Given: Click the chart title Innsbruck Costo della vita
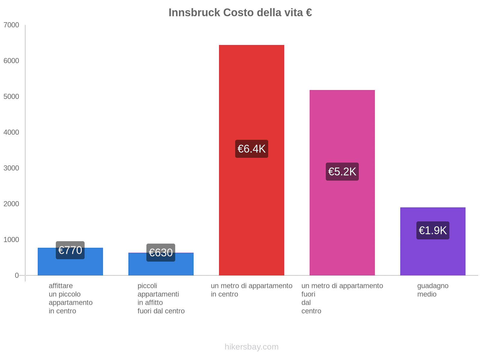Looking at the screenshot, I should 240,13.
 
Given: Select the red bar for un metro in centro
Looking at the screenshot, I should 251,210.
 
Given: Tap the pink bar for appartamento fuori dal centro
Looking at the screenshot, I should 342,225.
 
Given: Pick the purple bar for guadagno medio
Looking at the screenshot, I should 433,255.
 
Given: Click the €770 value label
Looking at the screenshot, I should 70,250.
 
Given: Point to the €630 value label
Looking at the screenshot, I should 161,253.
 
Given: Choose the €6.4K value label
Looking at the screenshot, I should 251,149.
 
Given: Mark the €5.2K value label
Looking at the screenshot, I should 342,172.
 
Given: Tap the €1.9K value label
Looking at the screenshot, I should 433,230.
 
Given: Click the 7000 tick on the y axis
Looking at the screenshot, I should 11,25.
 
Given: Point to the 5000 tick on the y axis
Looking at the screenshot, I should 11,97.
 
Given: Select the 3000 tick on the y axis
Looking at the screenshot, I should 11,168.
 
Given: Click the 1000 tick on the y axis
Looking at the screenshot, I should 11,239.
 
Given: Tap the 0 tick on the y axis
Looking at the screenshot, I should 17,275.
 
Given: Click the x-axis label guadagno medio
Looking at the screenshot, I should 433,290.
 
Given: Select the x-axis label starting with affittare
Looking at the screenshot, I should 70,298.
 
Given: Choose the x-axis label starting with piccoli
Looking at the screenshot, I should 161,298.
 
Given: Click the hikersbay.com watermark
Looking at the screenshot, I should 251,347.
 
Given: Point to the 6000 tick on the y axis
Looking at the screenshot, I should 11,61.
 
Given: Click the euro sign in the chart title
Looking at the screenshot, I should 309,13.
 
